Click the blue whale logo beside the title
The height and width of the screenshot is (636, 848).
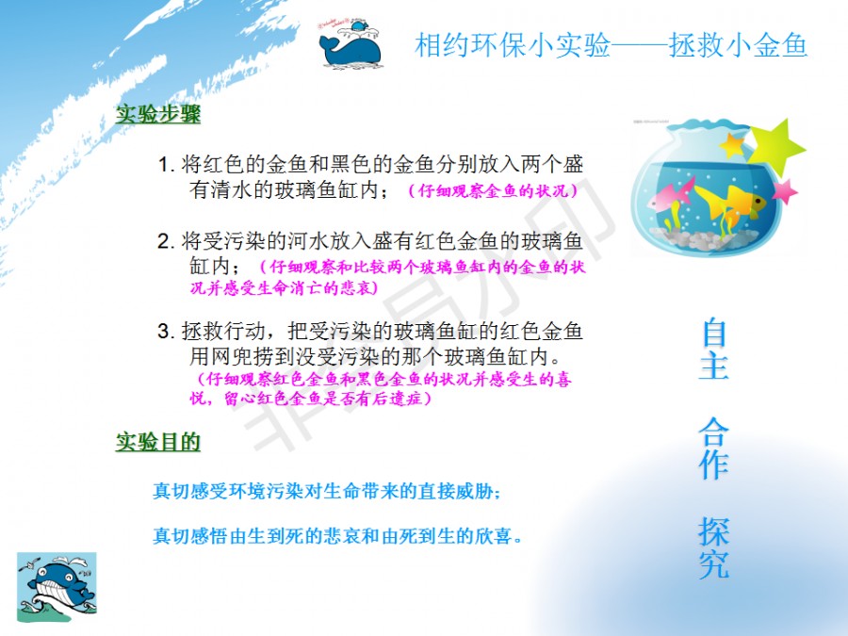click(351, 46)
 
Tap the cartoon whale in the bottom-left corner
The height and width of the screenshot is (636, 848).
click(57, 587)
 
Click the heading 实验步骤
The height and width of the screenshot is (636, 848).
click(158, 114)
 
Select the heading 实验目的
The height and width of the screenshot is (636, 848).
click(158, 441)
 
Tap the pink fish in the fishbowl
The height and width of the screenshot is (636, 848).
click(671, 195)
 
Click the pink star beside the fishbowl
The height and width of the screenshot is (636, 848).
click(784, 191)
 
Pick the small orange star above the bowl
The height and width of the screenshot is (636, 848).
click(733, 144)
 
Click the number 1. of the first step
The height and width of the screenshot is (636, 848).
click(166, 164)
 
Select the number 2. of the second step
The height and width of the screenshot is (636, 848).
click(165, 241)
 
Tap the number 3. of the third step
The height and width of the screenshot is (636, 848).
click(165, 331)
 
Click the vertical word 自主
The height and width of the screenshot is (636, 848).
click(714, 350)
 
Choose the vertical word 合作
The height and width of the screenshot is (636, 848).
click(714, 448)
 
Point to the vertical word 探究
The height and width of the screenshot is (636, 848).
click(714, 546)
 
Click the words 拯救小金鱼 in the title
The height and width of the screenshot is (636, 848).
click(738, 45)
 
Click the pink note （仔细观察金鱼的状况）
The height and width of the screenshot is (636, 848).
click(492, 191)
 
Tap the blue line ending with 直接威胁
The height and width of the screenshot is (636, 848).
click(327, 491)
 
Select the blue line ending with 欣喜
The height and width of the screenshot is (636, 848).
click(337, 536)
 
